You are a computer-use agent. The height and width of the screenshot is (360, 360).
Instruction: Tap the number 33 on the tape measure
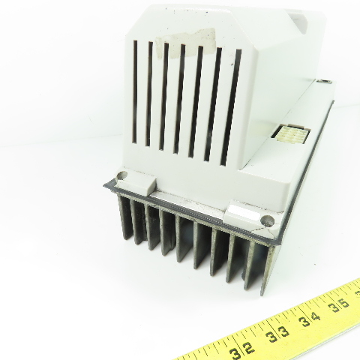point(277,334)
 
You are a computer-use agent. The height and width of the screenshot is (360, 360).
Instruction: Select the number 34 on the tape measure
point(310,319)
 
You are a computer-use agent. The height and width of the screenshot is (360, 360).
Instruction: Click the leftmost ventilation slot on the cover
point(135,91)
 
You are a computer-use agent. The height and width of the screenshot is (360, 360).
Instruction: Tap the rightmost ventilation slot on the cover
point(231,107)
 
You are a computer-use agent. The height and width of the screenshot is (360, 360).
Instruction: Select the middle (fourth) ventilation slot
point(179,99)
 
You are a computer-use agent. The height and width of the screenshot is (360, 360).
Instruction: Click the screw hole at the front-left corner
point(122,175)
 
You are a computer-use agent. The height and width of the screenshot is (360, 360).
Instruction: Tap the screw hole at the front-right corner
point(267,220)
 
